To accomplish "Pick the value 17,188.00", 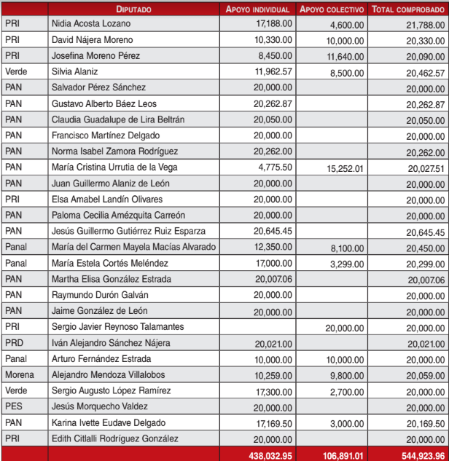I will click(273, 24).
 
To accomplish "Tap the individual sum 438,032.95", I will click(269, 454).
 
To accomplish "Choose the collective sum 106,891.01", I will click(340, 454).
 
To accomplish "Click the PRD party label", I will click(14, 343).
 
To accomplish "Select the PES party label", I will click(14, 406).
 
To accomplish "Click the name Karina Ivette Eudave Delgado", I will click(109, 422).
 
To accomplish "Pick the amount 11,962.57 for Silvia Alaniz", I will click(273, 72).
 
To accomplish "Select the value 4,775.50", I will click(276, 168).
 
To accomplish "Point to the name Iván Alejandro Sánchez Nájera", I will click(112, 343).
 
